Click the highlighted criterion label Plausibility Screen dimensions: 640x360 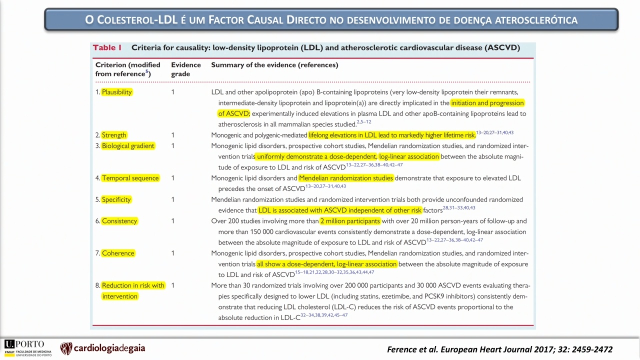pos(117,92)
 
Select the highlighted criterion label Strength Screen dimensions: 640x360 pos(114,135)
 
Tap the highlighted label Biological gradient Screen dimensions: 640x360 pos(128,145)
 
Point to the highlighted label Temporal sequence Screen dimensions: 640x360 pos(130,178)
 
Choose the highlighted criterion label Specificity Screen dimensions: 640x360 pos(116,199)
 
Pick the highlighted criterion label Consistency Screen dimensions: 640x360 pos(119,221)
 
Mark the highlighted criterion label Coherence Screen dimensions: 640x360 pos(118,253)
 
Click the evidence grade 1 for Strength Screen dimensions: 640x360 pos(172,135)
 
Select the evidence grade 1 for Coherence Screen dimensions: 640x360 pos(172,253)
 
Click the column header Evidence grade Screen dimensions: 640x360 pos(186,69)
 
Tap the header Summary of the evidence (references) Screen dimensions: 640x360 pos(274,65)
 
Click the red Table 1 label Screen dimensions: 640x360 pos(107,47)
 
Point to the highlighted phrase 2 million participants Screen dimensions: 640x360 pos(350,221)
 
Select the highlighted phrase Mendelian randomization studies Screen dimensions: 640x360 pos(346,178)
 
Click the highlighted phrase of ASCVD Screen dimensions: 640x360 pos(233,113)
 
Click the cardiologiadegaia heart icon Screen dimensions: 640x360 pos(66,348)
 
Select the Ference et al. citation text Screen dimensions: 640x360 pos(499,349)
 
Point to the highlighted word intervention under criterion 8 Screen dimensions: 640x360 pos(119,296)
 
